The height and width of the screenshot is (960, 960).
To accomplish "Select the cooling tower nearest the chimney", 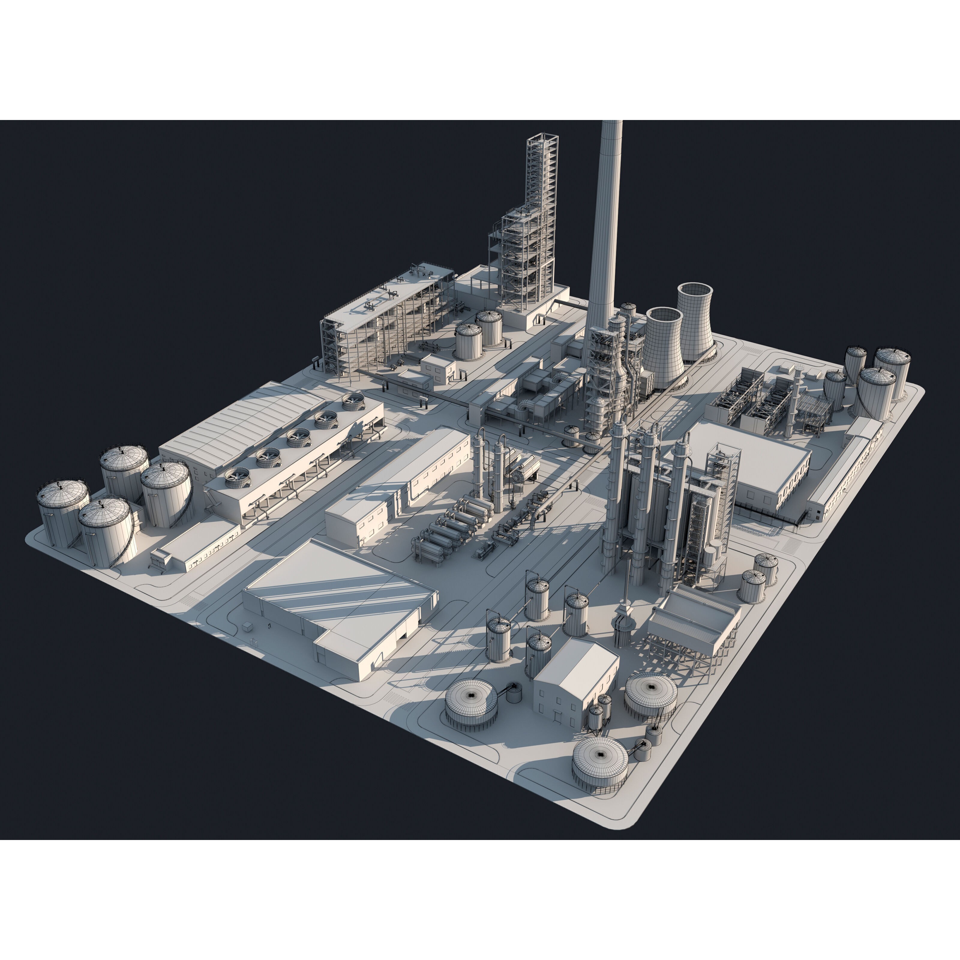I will tap(663, 348).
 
